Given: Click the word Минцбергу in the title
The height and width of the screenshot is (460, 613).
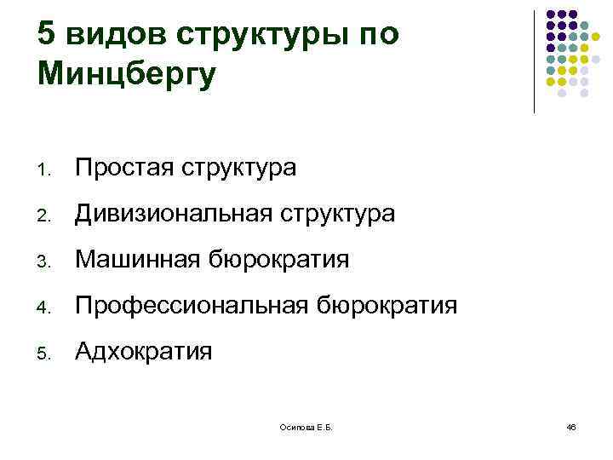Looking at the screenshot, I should pos(127,74).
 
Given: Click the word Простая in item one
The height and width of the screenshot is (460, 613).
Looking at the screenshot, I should pos(124,169).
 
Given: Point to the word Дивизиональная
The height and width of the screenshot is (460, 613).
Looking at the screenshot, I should pos(177,214).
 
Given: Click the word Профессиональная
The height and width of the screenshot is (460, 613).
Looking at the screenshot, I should pos(192,305).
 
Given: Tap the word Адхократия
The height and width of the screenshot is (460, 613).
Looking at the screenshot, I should pos(143,350).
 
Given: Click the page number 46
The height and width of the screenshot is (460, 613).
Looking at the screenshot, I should pos(570,426).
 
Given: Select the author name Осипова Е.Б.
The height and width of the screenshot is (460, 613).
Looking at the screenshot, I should pos(306,426).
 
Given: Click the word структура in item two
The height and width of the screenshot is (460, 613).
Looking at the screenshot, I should pos(341,214).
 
